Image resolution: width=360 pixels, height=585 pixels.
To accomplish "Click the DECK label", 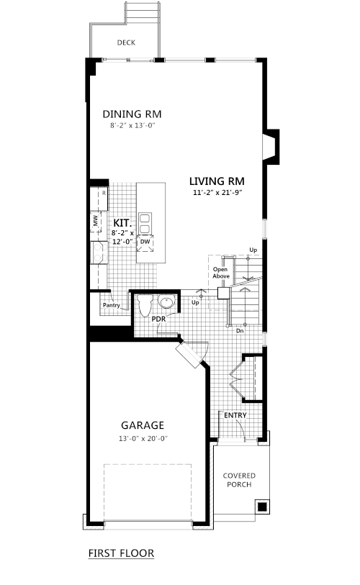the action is click(126, 42).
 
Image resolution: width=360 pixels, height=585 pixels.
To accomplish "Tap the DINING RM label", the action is click(132, 114).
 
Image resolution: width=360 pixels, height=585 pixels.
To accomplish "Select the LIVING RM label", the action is click(217, 181).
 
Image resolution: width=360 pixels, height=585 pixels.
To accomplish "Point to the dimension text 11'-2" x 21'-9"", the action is click(217, 193).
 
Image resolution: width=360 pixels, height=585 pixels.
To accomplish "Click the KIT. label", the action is click(122, 223).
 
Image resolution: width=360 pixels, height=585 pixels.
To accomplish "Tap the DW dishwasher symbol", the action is click(145, 242).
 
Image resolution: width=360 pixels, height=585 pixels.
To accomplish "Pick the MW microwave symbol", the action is click(96, 221).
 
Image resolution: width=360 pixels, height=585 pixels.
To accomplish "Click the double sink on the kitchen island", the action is click(145, 223).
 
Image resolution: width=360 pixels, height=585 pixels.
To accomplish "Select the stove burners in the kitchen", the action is click(99, 253).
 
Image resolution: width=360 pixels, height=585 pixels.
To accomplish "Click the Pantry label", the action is click(112, 305).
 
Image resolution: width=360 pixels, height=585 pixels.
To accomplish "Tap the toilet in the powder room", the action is click(144, 305).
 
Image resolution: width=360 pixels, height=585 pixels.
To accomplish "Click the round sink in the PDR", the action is click(166, 301).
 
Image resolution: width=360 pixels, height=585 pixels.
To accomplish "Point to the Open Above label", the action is click(221, 273).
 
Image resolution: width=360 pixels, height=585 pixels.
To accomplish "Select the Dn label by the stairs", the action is click(240, 331).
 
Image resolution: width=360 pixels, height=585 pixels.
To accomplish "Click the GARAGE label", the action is click(143, 425).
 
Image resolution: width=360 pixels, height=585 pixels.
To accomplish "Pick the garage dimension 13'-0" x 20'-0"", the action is click(143, 439).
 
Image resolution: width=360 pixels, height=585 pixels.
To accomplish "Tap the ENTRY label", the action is click(235, 415).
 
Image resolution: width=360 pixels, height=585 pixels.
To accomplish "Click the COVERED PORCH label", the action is click(239, 480).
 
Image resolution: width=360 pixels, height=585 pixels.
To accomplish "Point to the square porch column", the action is click(262, 507).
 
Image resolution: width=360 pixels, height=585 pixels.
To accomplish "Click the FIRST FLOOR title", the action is click(121, 553).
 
